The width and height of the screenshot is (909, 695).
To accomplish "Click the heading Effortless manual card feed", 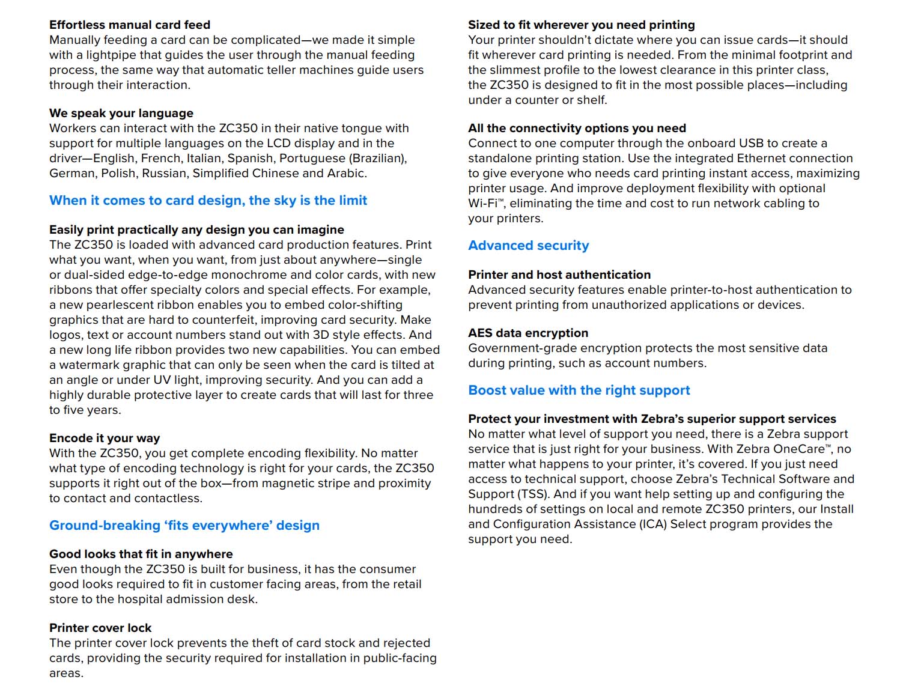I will [130, 25].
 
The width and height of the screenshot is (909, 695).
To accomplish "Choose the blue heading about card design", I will [208, 201].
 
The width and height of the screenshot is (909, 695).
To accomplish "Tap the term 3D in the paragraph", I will [320, 335].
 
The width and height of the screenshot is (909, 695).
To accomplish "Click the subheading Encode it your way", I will [105, 438].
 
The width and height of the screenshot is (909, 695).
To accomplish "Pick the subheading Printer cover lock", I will [100, 628].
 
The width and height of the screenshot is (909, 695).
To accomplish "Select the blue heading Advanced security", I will [528, 246].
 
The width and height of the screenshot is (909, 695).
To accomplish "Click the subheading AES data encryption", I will [528, 333].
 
